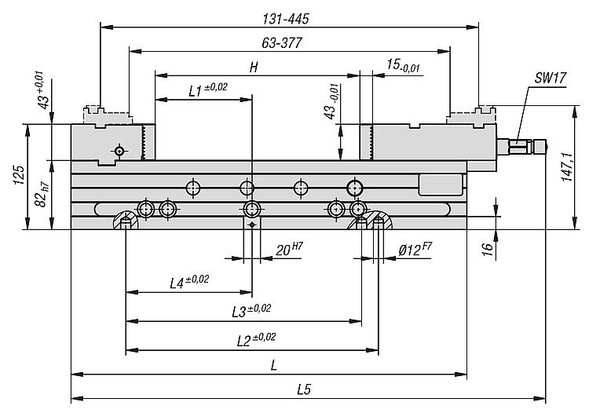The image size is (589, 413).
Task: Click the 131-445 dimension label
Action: click(286, 19)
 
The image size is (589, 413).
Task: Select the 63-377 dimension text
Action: click(282, 43)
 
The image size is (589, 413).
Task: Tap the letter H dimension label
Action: click(254, 68)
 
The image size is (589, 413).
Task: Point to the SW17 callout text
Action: click(551, 78)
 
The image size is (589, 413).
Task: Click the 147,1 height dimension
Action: click(567, 167)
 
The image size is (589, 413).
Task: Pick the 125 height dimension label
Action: click(19, 175)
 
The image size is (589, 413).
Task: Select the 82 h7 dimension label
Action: click(42, 195)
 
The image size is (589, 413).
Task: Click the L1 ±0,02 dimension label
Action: click(208, 90)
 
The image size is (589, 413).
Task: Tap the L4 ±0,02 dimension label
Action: click(189, 282)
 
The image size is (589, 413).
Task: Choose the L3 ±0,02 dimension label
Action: click(251, 310)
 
